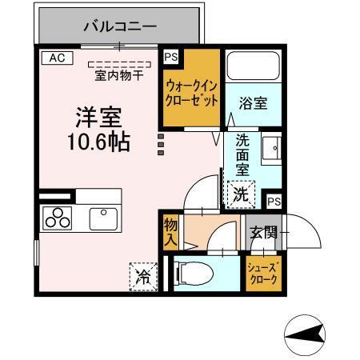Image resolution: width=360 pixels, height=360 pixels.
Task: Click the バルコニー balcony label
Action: pyautogui.click(x=120, y=27)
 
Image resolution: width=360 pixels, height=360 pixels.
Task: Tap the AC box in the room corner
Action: pyautogui.click(x=56, y=58)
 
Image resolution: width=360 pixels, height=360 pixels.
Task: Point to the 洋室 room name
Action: pyautogui.click(x=98, y=118)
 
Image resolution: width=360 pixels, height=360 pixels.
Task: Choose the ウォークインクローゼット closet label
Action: pyautogui.click(x=191, y=93)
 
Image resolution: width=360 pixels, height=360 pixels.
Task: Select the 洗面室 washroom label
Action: pyautogui.click(x=242, y=155)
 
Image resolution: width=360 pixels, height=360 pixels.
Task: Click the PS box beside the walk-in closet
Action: pyautogui.click(x=170, y=58)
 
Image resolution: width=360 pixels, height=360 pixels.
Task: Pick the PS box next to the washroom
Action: pyautogui.click(x=274, y=201)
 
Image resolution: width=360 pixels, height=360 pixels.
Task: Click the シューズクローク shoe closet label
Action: pyautogui.click(x=265, y=273)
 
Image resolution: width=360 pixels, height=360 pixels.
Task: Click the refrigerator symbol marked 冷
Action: pyautogui.click(x=144, y=277)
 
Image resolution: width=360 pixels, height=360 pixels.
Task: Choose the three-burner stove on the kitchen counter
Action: pyautogui.click(x=58, y=218)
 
